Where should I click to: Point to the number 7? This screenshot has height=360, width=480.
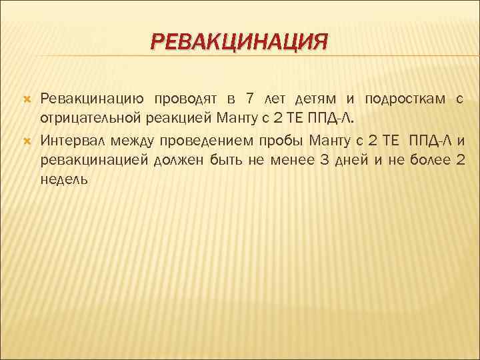click(x=249, y=99)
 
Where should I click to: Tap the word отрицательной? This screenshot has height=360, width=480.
click(x=93, y=119)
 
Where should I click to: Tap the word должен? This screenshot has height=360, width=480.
click(x=179, y=160)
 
